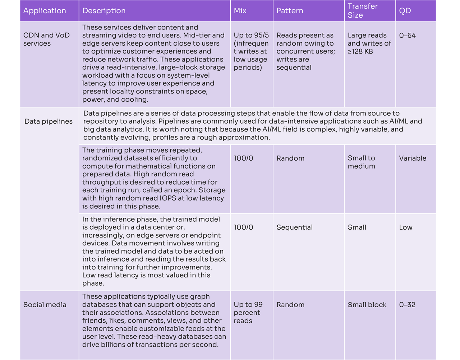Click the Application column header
(45, 11)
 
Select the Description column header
(104, 11)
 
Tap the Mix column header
(240, 11)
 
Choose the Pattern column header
(290, 11)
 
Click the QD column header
(405, 11)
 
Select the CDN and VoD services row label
(46, 39)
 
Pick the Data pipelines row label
(49, 121)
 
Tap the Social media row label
(45, 305)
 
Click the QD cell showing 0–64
(408, 35)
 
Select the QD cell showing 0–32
(407, 305)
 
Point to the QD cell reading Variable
(413, 158)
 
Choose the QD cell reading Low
(406, 227)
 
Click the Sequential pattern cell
(294, 227)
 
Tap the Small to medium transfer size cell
(361, 162)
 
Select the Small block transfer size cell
(367, 305)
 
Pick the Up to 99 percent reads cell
(248, 313)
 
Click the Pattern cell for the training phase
(290, 158)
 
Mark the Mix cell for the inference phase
(243, 227)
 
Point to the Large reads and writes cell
(369, 43)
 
